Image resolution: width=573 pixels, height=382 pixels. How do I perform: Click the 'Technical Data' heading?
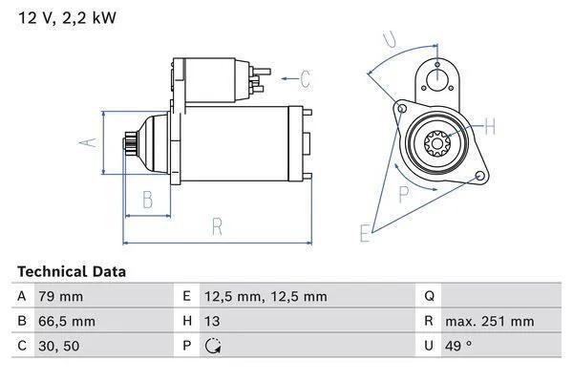[x=71, y=272]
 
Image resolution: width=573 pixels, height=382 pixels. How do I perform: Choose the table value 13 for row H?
[x=213, y=322]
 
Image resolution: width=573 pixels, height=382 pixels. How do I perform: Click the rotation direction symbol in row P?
[x=213, y=346]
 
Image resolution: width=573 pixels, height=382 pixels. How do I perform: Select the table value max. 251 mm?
[x=491, y=322]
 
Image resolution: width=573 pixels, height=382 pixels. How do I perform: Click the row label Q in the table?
[x=430, y=297]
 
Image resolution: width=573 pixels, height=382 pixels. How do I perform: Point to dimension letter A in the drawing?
[x=88, y=142]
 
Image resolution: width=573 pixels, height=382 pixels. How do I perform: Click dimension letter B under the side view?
[x=148, y=199]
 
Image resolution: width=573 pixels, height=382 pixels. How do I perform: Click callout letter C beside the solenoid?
[x=305, y=78]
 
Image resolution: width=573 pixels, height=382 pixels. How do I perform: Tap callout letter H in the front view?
[x=489, y=126]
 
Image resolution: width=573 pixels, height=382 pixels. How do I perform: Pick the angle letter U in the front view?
[x=389, y=39]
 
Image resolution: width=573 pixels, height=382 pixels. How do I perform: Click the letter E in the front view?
[x=364, y=232]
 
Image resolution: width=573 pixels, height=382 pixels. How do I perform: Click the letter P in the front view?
[x=403, y=194]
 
